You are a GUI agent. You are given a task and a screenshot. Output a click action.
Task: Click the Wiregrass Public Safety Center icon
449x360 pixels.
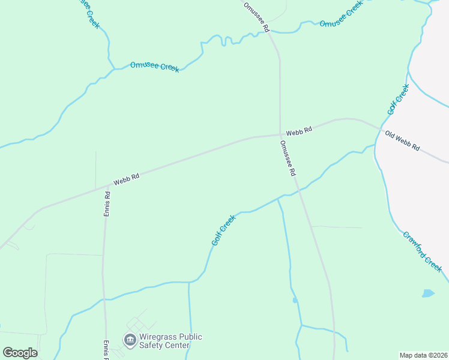tap(130, 340)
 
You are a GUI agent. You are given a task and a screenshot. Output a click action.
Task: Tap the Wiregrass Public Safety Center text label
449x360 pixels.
tap(170, 341)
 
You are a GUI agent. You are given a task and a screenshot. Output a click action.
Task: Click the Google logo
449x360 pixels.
tap(20, 352)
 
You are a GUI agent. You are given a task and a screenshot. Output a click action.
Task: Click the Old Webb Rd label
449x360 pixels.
tap(402, 141)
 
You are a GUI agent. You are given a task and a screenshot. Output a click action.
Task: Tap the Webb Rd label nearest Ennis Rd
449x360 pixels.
tap(127, 178)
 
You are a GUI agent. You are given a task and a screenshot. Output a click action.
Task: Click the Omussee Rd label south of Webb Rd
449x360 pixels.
tap(288, 158)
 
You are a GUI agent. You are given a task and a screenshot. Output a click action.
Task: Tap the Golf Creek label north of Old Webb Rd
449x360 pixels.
tap(398, 100)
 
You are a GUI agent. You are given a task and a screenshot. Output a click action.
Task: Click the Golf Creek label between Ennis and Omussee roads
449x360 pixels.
tap(223, 230)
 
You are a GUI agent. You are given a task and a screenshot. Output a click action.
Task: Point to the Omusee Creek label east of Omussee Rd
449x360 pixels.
tap(342, 16)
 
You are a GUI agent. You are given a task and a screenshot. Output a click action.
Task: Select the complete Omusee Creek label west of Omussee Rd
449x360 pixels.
tap(155, 66)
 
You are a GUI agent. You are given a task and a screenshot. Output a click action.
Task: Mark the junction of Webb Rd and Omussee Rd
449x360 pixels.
tap(280, 134)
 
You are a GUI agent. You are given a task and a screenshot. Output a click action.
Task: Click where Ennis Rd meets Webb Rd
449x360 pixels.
tap(109, 186)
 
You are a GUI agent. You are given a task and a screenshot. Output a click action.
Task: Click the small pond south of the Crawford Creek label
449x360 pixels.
tap(427, 293)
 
